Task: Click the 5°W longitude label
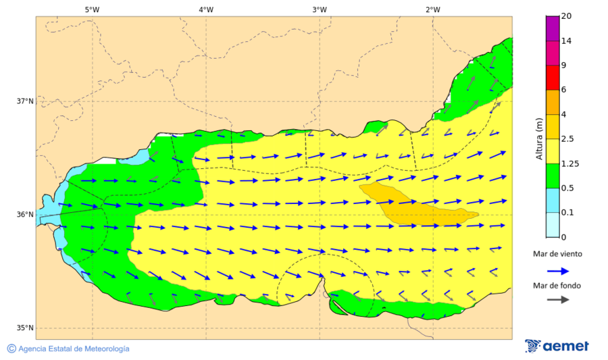tap(92, 9)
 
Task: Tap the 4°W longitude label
tap(206, 9)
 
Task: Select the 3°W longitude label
tap(320, 9)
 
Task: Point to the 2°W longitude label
tap(433, 9)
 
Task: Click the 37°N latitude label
tap(25, 101)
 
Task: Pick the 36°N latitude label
tap(25, 215)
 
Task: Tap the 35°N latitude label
tap(25, 328)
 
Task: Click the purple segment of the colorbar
tap(553, 28)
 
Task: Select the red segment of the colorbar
tap(553, 78)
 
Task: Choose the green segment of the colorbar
tap(553, 176)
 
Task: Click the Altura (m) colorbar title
tap(538, 138)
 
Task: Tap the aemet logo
tap(557, 346)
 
